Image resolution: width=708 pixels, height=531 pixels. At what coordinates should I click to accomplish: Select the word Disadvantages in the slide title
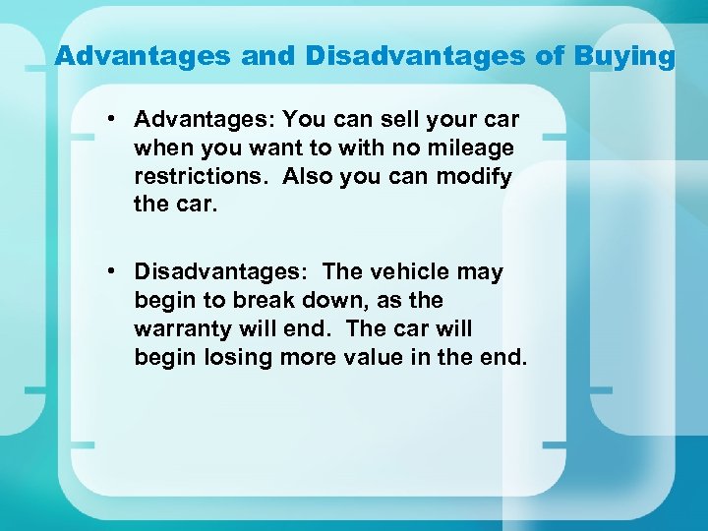click(416, 56)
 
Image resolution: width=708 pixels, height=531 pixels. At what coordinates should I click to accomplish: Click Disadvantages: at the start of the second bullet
click(220, 271)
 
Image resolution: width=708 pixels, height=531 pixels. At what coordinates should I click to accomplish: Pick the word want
click(259, 148)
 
